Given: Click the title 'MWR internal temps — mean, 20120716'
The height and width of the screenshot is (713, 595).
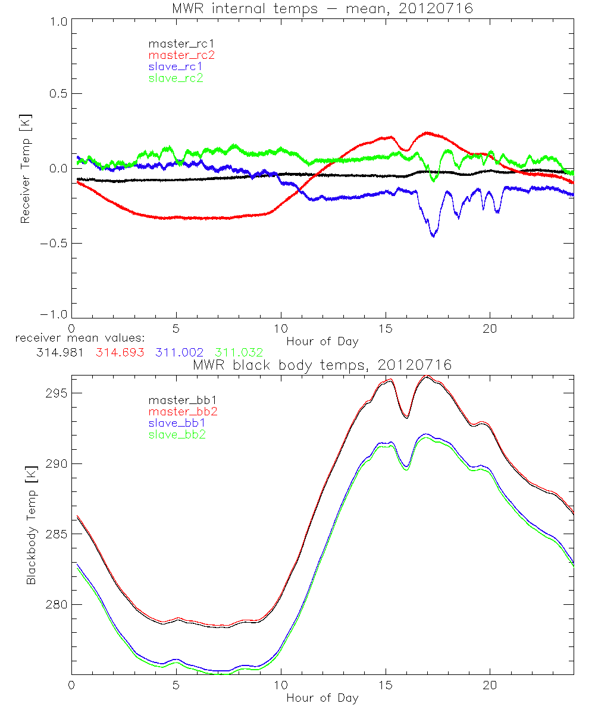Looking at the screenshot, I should (x=322, y=8).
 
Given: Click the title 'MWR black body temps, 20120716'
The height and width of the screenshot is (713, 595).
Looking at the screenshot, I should (x=322, y=365).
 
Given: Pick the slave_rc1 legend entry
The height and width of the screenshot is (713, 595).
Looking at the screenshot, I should (x=176, y=66).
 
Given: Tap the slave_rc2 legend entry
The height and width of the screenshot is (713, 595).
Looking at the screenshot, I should (x=176, y=78).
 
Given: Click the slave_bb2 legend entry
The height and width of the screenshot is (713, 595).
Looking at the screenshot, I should (x=178, y=435).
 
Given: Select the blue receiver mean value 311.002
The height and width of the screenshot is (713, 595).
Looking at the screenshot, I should (x=179, y=353).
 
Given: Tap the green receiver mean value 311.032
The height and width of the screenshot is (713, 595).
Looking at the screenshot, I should (x=239, y=353).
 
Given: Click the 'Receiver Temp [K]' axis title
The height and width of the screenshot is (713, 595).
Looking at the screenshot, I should (x=25, y=169).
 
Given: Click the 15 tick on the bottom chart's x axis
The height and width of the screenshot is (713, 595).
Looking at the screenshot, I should (x=386, y=686).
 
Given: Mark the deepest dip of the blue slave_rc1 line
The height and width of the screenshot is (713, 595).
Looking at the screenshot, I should (x=433, y=236).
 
